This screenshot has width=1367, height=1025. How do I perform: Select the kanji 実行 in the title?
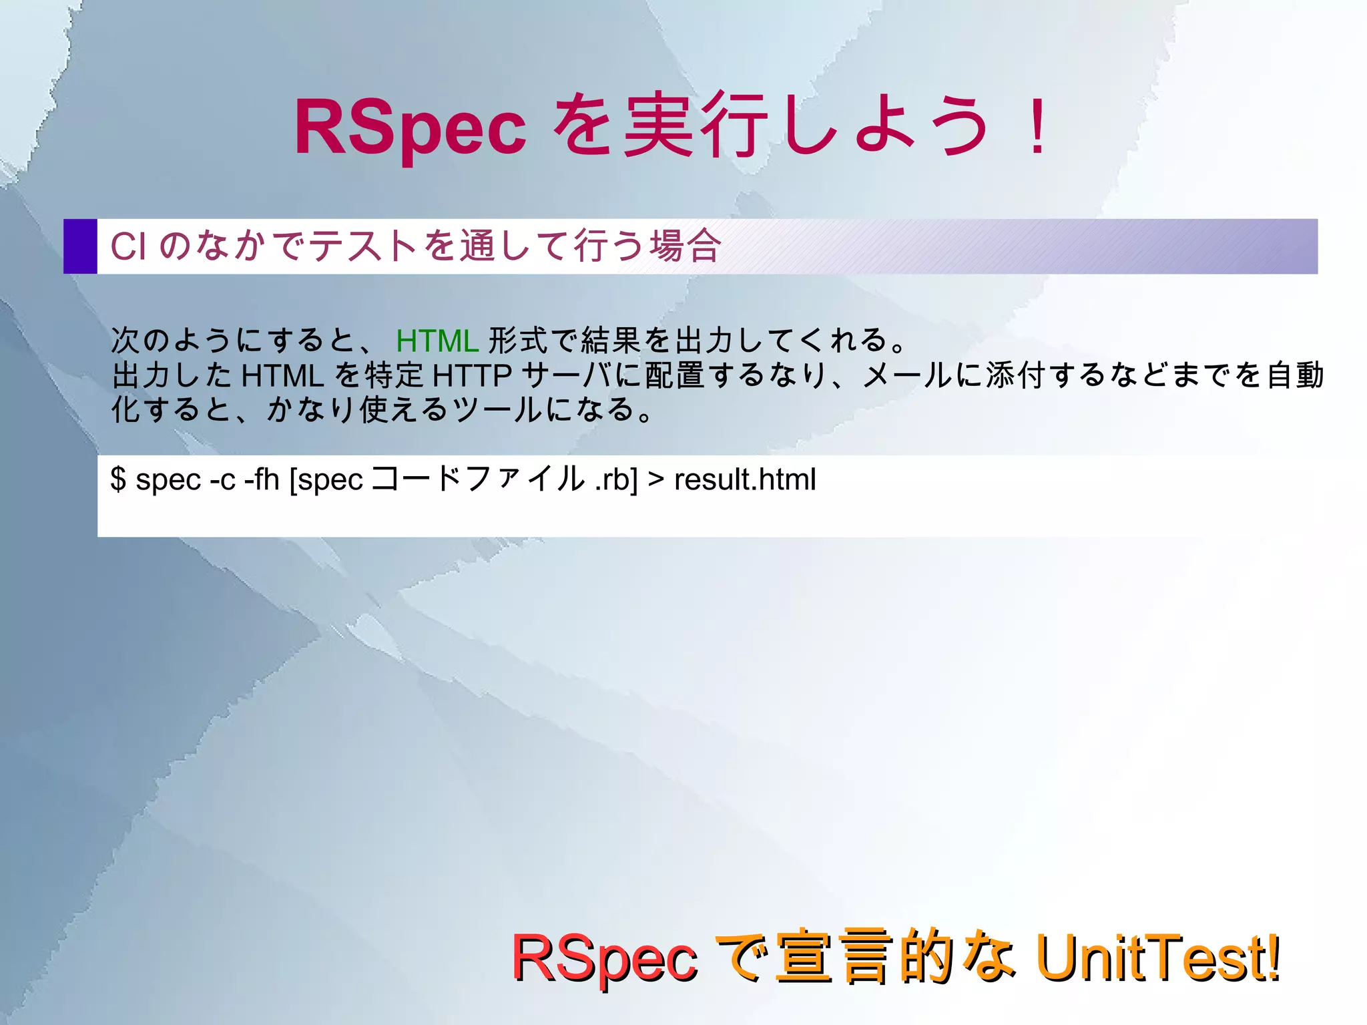point(695,126)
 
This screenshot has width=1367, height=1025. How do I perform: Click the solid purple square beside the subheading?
point(80,246)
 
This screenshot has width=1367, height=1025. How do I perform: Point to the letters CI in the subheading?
point(127,246)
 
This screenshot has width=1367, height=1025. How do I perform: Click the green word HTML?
point(437,341)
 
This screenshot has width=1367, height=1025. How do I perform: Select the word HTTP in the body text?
point(472,375)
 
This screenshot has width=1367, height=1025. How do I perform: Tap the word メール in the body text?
point(907,375)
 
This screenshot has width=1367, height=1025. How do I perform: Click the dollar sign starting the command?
point(118,479)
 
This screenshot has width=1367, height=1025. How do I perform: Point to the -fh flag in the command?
point(262,479)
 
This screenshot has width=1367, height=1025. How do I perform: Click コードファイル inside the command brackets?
point(477,479)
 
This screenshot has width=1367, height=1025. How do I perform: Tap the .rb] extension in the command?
point(616,479)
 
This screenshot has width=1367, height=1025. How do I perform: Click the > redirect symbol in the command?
point(655,479)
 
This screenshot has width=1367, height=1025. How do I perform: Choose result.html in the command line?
point(745,479)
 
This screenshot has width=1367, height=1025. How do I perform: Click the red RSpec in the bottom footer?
point(604,959)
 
